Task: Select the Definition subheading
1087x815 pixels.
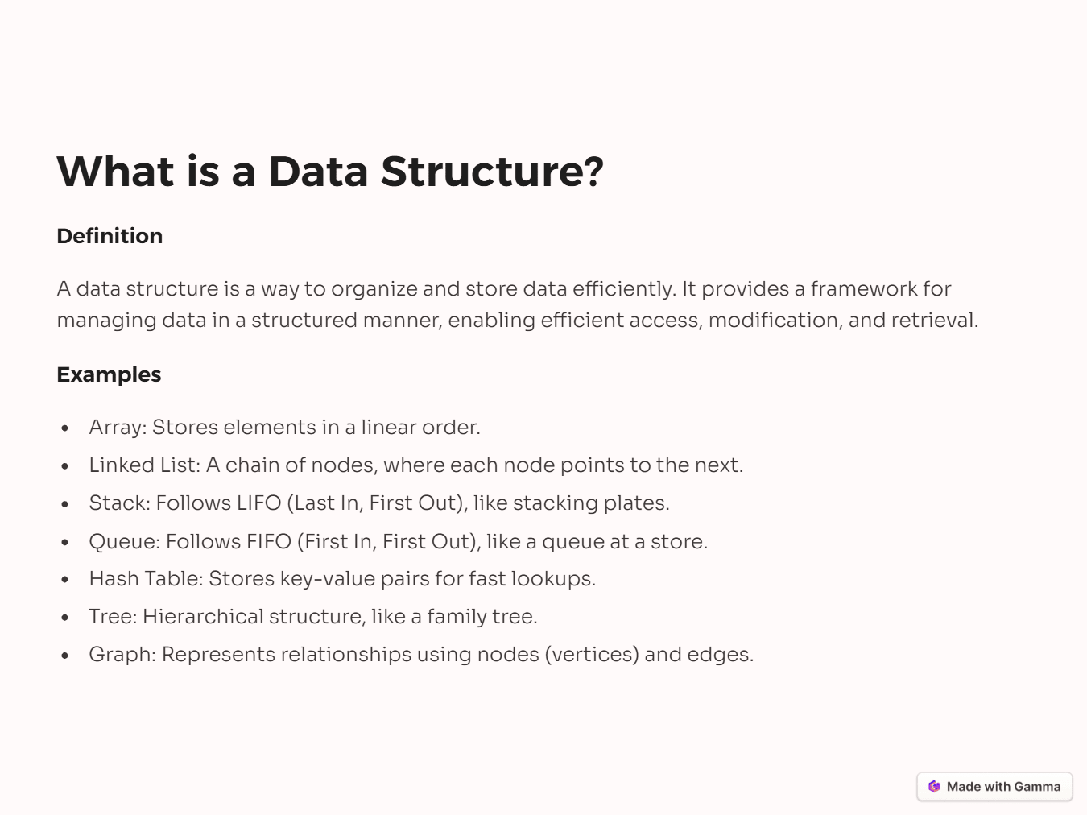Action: (110, 236)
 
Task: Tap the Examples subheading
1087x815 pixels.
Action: (109, 374)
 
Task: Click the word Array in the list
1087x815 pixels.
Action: (116, 428)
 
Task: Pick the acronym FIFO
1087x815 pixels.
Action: (269, 542)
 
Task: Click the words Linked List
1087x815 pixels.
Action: (143, 465)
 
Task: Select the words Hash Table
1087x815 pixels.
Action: (144, 579)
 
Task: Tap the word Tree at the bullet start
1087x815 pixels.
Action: (112, 617)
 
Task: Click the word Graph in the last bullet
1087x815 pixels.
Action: (121, 655)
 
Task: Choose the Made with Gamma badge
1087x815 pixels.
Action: (994, 787)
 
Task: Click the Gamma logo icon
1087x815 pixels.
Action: (934, 787)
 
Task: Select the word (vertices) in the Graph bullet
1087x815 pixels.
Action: (592, 655)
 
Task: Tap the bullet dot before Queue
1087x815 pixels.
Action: (64, 543)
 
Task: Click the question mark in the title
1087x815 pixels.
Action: (594, 172)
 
